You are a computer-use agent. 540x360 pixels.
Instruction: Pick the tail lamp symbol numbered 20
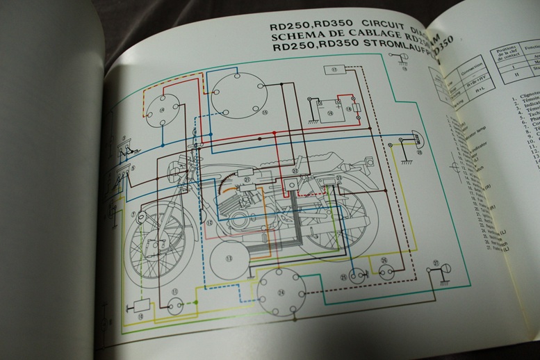pyautogui.click(x=416, y=139)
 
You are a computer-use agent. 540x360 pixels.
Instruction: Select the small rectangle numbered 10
pyautogui.click(x=138, y=306)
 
